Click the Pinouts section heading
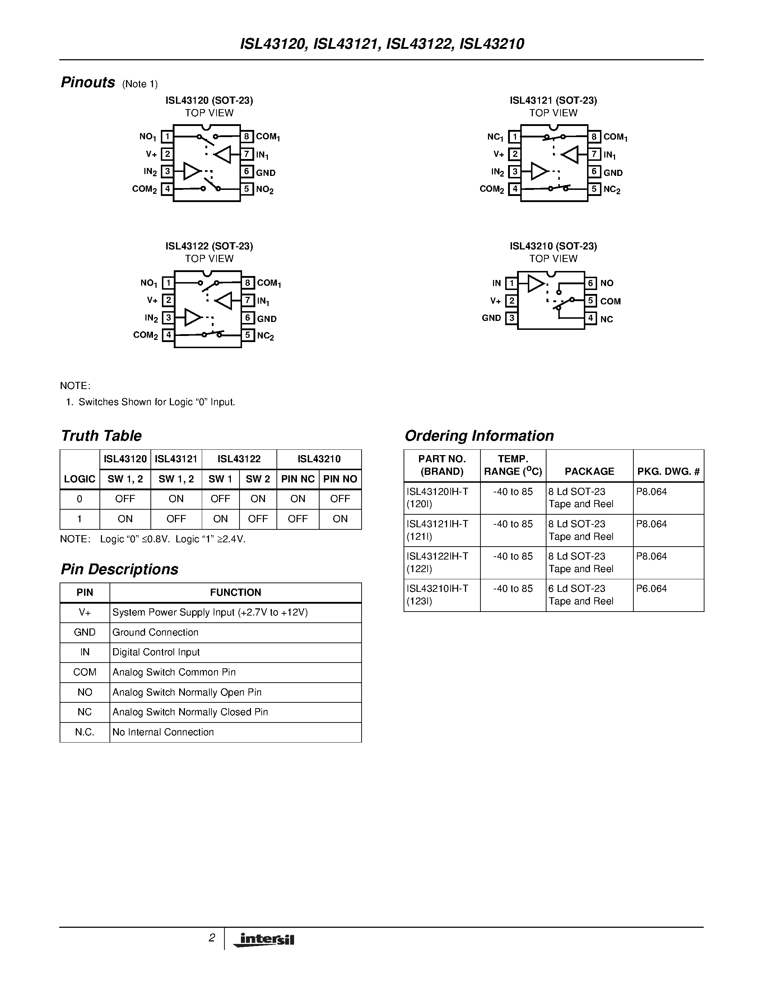click(x=88, y=83)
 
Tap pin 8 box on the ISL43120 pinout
click(x=246, y=136)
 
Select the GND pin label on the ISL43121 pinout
click(x=613, y=173)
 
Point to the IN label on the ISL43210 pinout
click(x=496, y=283)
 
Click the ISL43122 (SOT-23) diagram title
click(x=209, y=246)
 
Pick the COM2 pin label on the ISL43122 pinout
click(x=145, y=335)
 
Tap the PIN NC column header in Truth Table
click(x=297, y=479)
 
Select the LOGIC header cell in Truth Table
click(x=80, y=479)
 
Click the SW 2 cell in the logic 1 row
click(x=258, y=519)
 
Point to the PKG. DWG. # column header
click(x=668, y=472)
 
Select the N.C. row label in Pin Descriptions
click(x=84, y=732)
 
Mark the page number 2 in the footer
click(x=211, y=938)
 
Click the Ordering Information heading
click(x=479, y=436)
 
